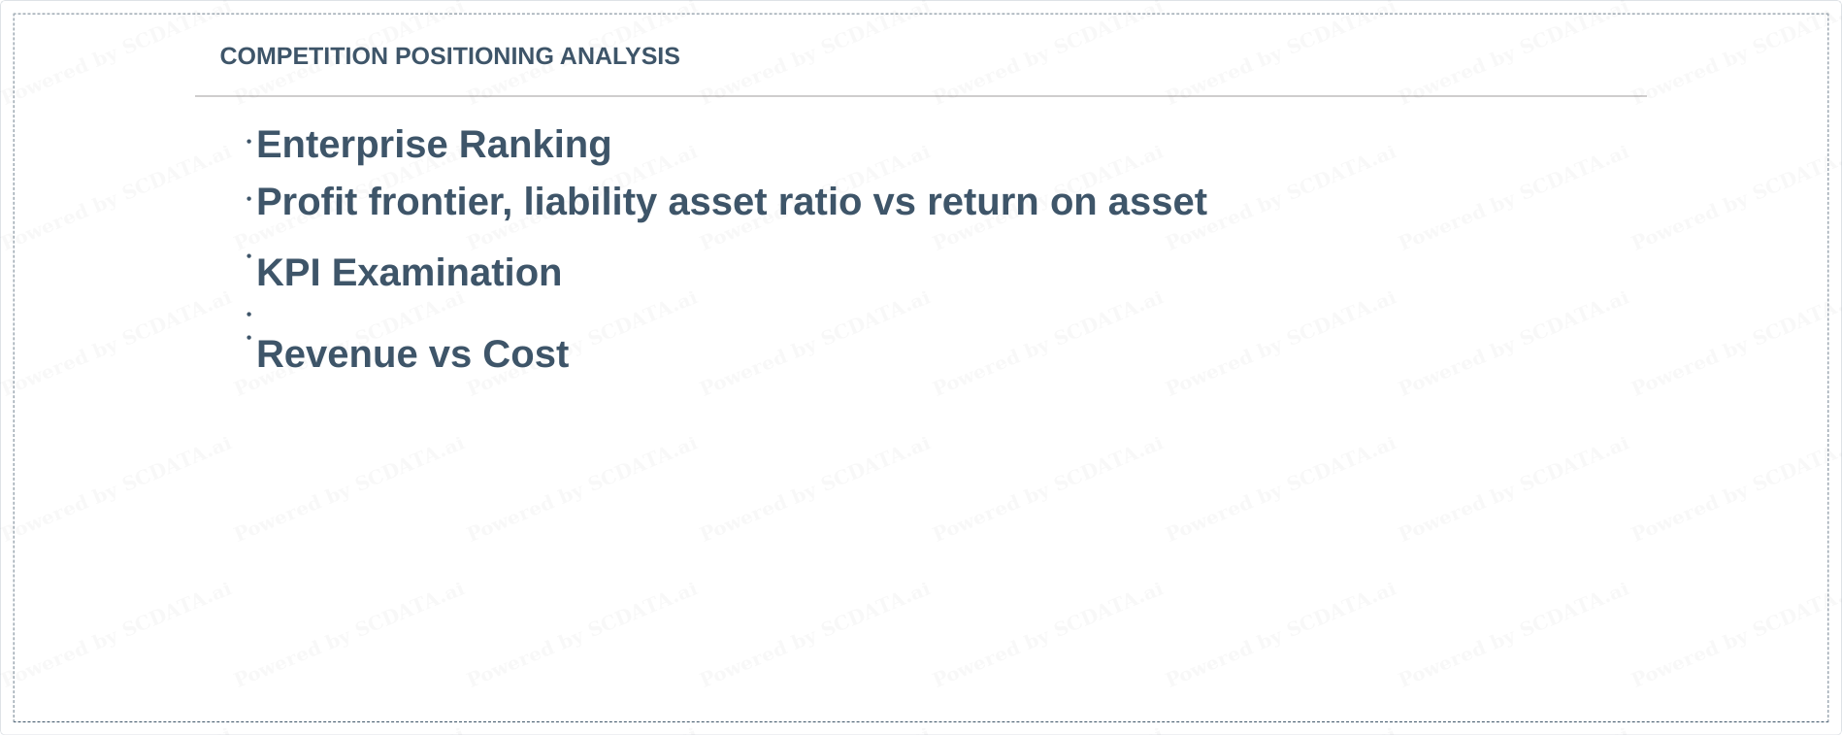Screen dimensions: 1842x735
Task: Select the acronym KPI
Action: (x=289, y=273)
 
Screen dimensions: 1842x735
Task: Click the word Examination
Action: (x=446, y=273)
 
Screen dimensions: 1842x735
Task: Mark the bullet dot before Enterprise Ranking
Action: (x=249, y=142)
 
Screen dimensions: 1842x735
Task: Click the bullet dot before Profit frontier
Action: (x=249, y=199)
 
